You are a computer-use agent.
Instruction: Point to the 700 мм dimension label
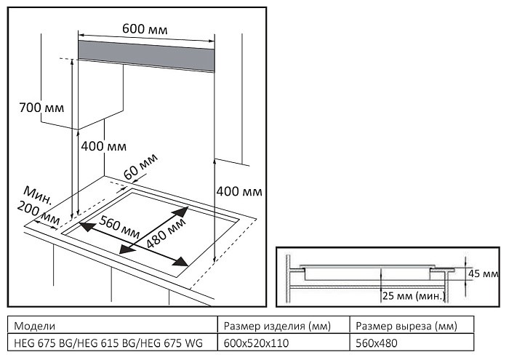point(41,108)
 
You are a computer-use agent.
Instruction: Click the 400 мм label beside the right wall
point(239,191)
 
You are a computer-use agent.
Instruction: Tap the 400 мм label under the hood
point(103,146)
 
